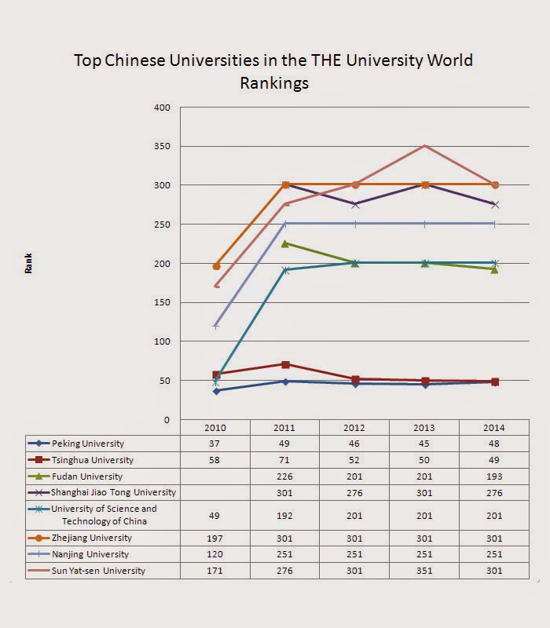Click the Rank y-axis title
click(29, 266)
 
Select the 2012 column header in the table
click(354, 428)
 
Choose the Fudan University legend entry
click(86, 476)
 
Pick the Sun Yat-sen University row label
click(98, 571)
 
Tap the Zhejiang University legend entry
click(90, 538)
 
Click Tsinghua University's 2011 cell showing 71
click(285, 460)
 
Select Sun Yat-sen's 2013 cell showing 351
click(424, 571)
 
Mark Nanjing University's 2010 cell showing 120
click(216, 554)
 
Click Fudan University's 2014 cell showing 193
click(494, 476)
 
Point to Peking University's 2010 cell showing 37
click(216, 444)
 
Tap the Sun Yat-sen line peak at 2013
click(424, 145)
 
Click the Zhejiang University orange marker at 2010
click(216, 266)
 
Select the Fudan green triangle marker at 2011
click(285, 243)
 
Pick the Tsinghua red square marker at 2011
click(285, 364)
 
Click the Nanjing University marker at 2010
click(216, 326)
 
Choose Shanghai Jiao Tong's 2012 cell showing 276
click(354, 492)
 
